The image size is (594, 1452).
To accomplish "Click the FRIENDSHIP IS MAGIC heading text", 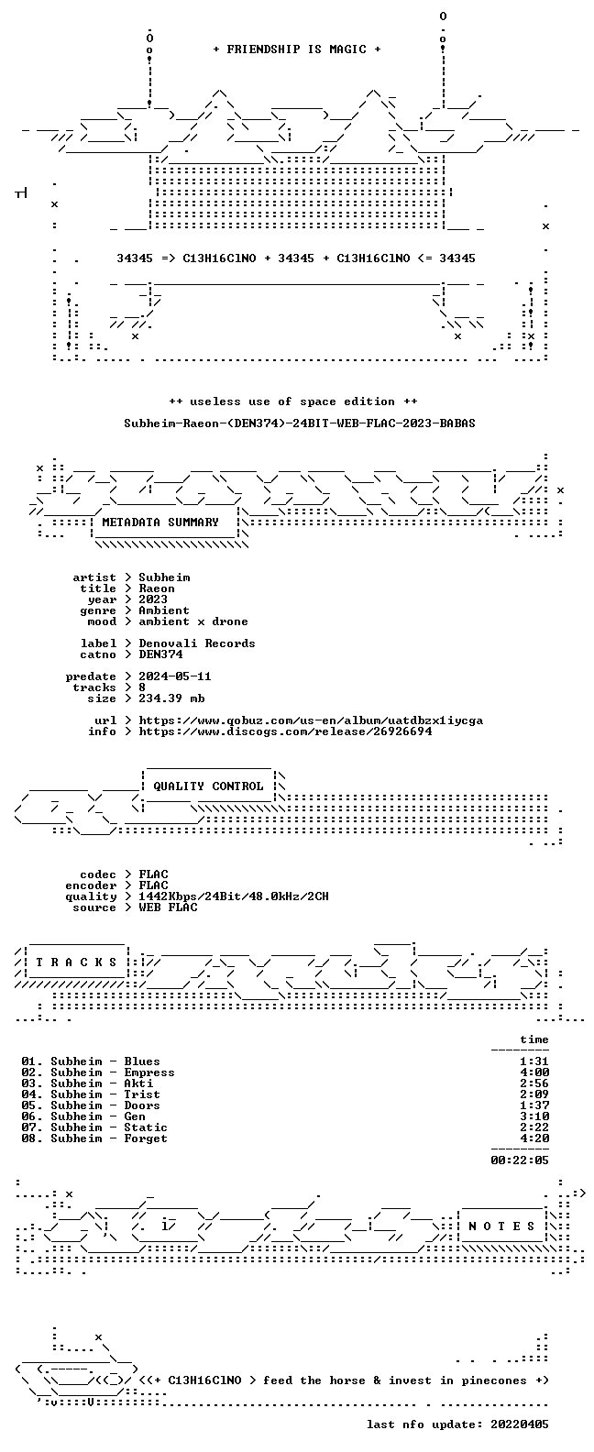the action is point(297,49).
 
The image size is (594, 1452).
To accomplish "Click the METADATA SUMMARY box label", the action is point(160,522).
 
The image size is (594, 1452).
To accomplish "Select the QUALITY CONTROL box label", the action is point(208,786).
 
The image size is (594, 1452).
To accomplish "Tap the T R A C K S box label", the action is point(76,962).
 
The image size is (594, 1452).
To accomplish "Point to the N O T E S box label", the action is point(501,1226).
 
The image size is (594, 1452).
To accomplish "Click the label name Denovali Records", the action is point(197,643).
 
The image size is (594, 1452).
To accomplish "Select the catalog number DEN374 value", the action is point(160,654).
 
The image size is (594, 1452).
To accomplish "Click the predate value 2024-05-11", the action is point(175,676).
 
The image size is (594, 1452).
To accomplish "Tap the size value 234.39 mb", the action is point(171,698).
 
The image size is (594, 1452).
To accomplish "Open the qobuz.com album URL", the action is point(311,720).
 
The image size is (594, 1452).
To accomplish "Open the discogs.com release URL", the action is point(285,731).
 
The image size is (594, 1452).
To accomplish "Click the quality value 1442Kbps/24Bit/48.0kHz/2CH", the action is point(234,896).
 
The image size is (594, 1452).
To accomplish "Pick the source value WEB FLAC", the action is point(168,907).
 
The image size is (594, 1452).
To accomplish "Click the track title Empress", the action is point(149,1072).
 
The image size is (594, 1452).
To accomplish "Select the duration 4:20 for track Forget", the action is point(534,1138).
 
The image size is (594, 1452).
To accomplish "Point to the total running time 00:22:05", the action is point(520,1160).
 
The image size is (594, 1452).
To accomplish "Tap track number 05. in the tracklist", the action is point(32,1105).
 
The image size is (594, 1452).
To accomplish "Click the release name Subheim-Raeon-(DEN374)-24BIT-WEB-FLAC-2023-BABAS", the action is point(300,423).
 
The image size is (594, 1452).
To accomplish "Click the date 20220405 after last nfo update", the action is point(520,1424).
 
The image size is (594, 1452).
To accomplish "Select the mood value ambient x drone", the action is point(193,621).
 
